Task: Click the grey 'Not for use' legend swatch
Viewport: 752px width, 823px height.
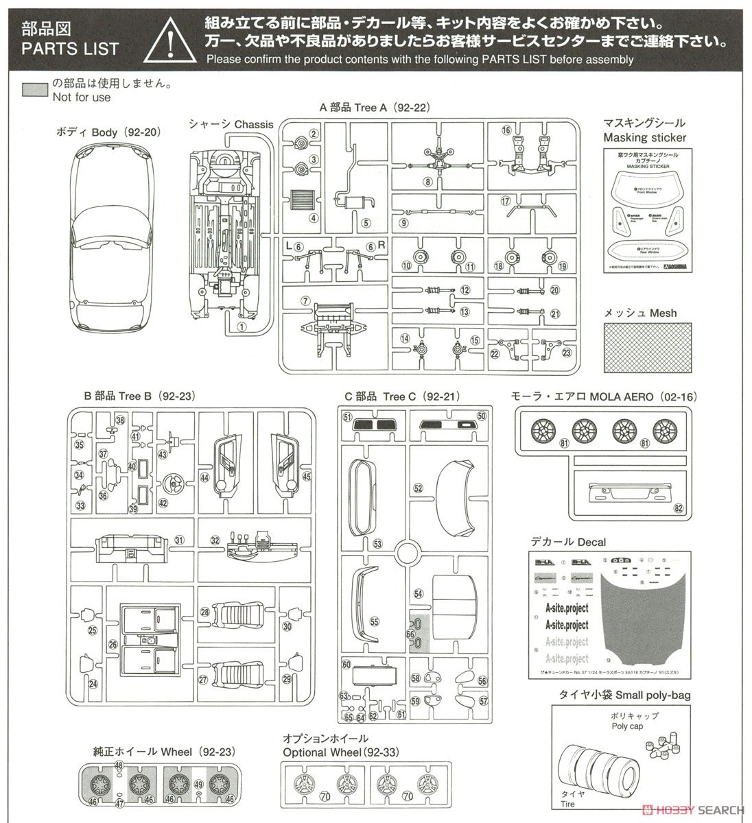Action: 35,91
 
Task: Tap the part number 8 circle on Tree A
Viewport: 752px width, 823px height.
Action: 427,182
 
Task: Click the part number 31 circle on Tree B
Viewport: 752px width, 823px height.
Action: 180,540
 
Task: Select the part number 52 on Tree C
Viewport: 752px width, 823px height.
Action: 418,488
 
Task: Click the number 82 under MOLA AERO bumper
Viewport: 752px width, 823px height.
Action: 679,508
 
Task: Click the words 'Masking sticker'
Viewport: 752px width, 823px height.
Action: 644,137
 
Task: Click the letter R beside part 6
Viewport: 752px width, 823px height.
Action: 382,246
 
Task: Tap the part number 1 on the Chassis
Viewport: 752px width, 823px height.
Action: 242,327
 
